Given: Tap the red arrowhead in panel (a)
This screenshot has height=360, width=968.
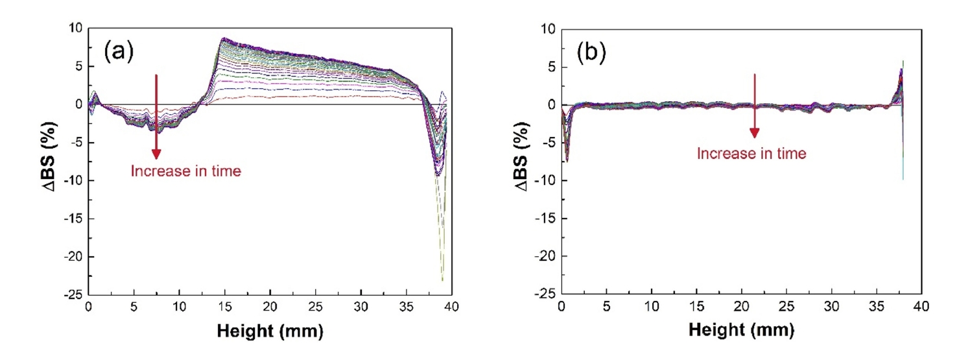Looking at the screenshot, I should [x=156, y=153].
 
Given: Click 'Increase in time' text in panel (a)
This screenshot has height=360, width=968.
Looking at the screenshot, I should [x=186, y=171].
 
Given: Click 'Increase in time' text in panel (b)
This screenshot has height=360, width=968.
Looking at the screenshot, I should [x=751, y=154].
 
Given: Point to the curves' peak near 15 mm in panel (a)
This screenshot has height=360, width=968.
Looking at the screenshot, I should [x=223, y=40].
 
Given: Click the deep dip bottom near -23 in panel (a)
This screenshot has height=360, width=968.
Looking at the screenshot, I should [x=442, y=279].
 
